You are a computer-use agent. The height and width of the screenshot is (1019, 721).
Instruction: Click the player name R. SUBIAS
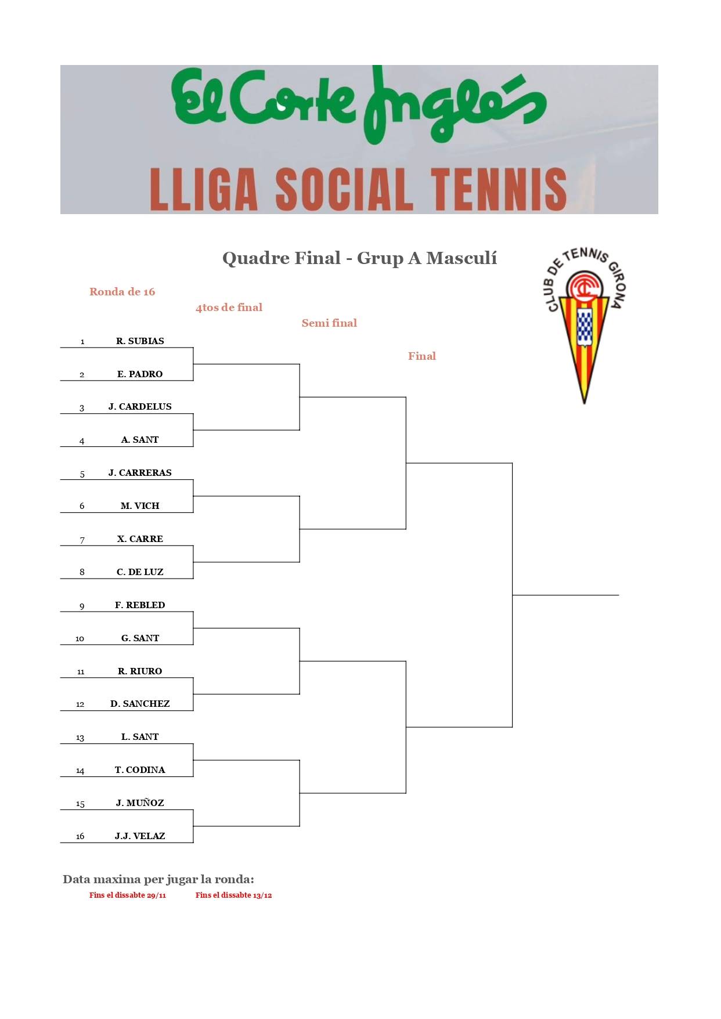point(140,341)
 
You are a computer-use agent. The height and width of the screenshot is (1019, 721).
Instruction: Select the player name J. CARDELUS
point(140,407)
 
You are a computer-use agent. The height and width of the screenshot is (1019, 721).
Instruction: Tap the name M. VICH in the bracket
point(140,506)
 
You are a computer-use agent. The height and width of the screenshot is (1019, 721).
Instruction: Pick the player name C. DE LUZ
point(140,572)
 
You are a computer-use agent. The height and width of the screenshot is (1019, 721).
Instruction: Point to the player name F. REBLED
point(140,605)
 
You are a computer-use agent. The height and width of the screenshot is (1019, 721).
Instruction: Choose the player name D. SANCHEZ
point(140,704)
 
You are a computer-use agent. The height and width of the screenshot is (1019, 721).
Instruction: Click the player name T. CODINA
point(140,770)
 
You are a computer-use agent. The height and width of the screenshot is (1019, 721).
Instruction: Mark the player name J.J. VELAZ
point(140,836)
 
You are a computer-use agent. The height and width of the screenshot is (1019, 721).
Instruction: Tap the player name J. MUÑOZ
point(140,803)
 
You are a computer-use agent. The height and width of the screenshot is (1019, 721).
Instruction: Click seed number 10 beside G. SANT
point(80,639)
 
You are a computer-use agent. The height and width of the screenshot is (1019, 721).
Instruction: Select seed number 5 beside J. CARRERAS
point(82,474)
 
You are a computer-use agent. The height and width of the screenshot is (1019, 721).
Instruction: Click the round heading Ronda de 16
point(122,292)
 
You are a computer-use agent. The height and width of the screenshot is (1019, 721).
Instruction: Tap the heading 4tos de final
point(229,308)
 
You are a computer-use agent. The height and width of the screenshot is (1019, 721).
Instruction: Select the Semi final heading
point(329,323)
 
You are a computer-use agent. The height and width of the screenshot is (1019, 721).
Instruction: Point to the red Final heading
point(421,356)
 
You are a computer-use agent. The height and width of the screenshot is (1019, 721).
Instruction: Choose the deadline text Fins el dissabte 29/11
point(128,895)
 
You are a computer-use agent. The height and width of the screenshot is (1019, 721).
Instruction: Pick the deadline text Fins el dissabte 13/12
point(233,895)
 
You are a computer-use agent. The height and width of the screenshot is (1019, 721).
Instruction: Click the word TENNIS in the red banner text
point(499,190)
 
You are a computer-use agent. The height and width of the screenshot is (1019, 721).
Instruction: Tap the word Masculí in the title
point(462,258)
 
